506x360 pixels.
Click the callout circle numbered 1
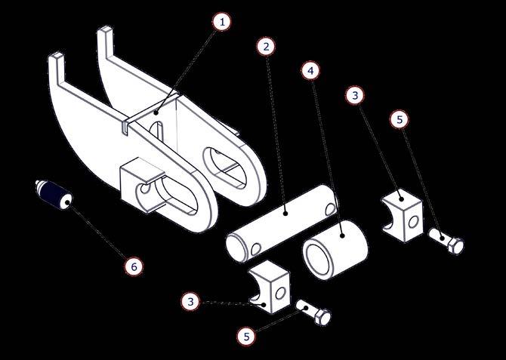click(x=222, y=22)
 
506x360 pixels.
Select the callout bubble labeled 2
click(x=266, y=47)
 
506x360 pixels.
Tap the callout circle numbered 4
click(x=310, y=71)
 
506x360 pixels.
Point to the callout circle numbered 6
click(x=134, y=266)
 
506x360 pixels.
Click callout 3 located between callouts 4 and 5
click(x=355, y=96)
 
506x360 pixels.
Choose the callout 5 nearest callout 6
click(x=246, y=337)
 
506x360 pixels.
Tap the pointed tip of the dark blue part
click(x=36, y=182)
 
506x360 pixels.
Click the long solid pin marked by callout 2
click(x=282, y=223)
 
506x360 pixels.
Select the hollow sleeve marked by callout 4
click(x=335, y=249)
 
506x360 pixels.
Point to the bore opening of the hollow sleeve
click(x=319, y=260)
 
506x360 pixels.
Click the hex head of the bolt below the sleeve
click(x=323, y=316)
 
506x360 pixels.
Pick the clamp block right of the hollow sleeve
click(x=402, y=216)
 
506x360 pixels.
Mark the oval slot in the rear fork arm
click(x=225, y=167)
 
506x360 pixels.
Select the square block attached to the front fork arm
click(x=142, y=185)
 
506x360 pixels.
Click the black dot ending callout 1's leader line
click(x=156, y=112)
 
